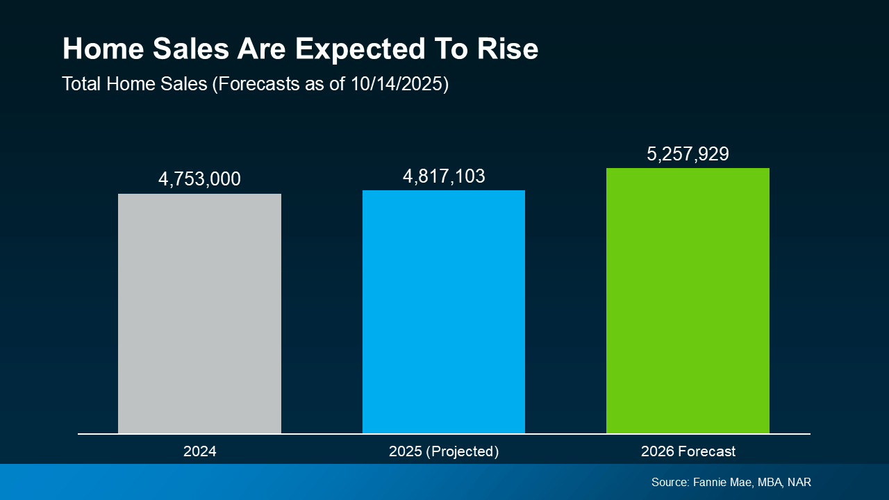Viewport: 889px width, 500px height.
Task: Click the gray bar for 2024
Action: pos(199,313)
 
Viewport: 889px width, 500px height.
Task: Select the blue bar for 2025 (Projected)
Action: pos(444,312)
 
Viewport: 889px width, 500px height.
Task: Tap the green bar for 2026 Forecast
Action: pos(688,301)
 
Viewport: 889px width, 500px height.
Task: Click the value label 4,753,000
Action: pos(199,179)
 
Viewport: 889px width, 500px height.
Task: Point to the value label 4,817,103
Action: pos(444,176)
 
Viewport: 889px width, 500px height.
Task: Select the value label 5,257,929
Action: pos(688,154)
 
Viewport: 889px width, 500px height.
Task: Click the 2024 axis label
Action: pos(199,451)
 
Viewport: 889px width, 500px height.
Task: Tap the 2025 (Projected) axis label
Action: pos(444,451)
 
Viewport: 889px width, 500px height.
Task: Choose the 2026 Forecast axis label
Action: pos(688,451)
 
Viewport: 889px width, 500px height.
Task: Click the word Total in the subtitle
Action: pos(81,84)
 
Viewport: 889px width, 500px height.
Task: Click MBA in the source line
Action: pos(767,482)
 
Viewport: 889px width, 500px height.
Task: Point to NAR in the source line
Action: pos(799,482)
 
